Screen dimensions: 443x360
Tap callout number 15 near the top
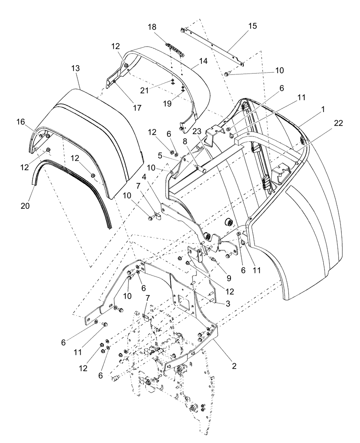pos(252,26)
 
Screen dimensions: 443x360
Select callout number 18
pos(152,27)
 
